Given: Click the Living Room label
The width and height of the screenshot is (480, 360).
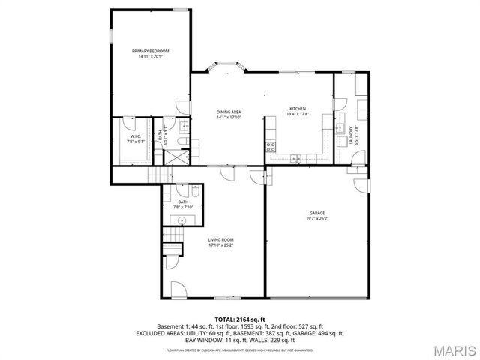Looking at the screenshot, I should pos(220,241).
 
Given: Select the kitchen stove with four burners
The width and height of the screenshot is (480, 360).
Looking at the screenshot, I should pos(271,146).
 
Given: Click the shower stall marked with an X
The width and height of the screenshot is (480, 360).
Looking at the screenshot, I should pos(178,158).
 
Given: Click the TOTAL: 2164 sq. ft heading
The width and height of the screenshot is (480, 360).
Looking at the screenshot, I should pos(240,319).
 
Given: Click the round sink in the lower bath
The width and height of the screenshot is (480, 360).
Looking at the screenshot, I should pos(182,220).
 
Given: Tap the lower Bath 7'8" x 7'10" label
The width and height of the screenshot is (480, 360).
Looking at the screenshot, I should pos(183,205).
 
